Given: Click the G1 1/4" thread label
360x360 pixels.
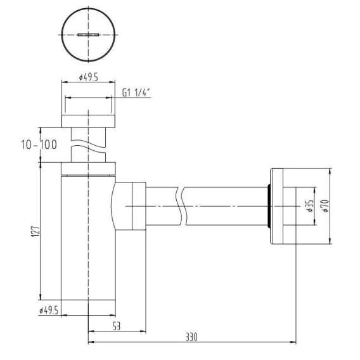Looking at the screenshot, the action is coord(136,93).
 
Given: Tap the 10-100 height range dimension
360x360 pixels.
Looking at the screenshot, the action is coord(39,145).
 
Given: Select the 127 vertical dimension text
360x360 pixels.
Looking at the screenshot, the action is coord(35,231).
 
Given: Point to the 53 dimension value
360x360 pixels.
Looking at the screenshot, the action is coord(117,326).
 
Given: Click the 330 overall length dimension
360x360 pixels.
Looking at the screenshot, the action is coord(191,337).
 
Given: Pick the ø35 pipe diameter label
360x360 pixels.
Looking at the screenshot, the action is coord(310,206).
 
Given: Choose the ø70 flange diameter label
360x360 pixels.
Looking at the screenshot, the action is coord(325,206).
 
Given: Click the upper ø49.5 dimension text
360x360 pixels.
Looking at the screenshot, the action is coord(88,77).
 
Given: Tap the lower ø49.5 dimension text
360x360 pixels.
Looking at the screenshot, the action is coord(49,311).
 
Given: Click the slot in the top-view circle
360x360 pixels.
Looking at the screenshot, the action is coord(88,35).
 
